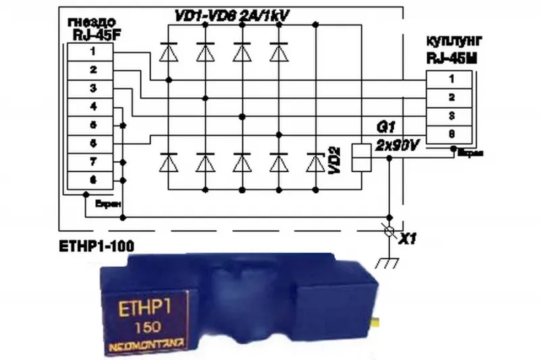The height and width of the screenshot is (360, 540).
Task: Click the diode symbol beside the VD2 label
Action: tap(315, 163)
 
